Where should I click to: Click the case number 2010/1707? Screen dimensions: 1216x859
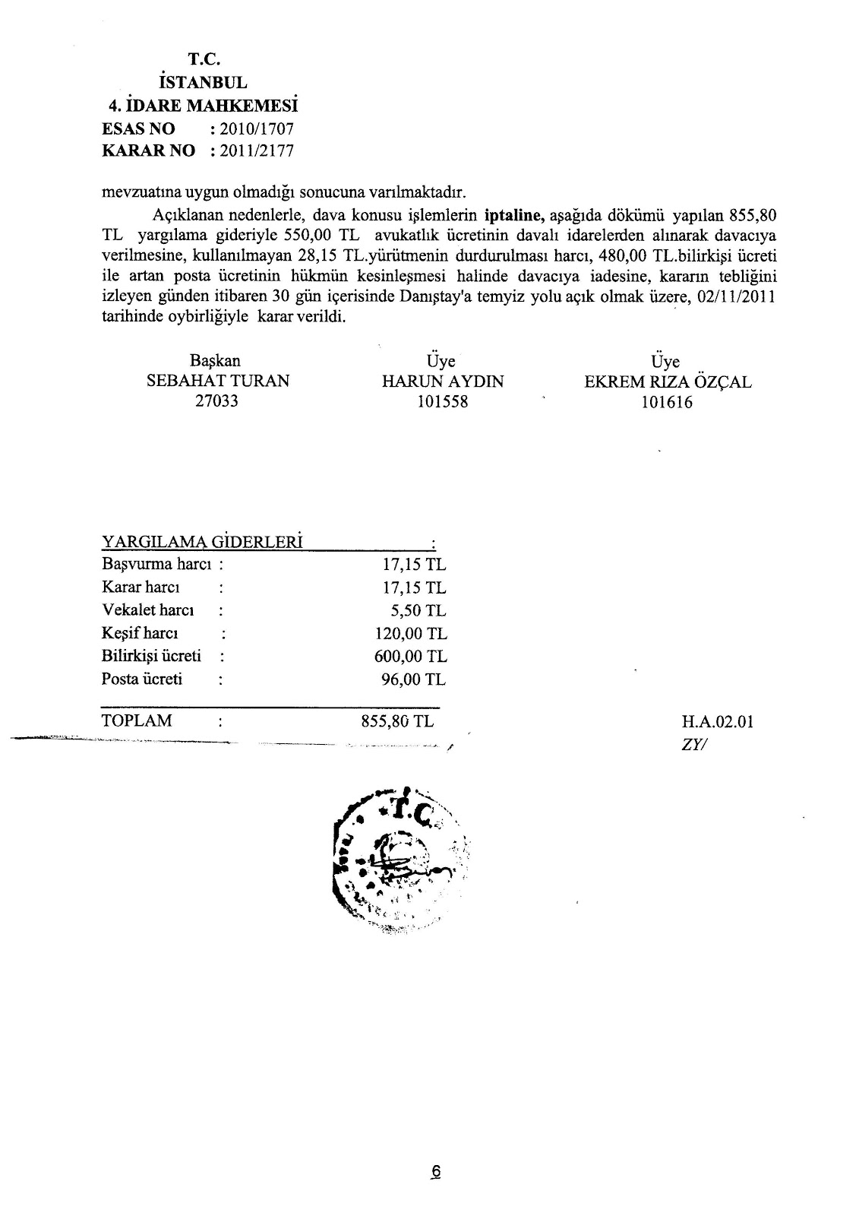click(256, 129)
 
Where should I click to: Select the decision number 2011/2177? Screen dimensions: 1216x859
click(256, 150)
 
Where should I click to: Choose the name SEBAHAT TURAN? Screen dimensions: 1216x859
click(218, 382)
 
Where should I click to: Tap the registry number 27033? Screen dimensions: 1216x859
click(217, 401)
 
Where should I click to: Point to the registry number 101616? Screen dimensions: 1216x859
click(667, 403)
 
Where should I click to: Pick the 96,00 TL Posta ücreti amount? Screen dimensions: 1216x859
click(414, 679)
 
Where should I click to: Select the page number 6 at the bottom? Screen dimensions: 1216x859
click(435, 1173)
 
